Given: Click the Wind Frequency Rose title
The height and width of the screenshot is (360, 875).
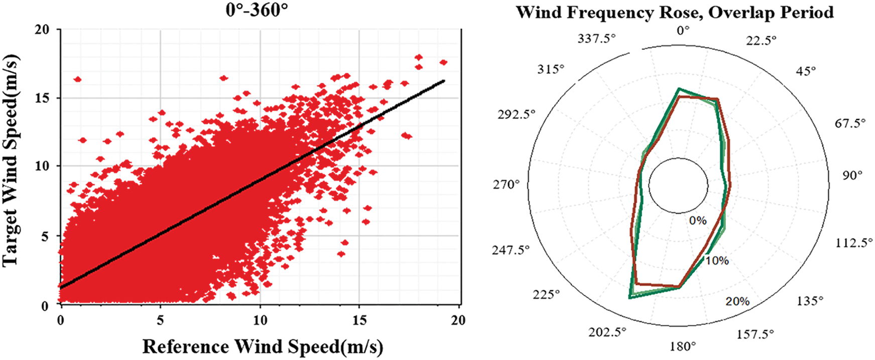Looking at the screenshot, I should point(675,12).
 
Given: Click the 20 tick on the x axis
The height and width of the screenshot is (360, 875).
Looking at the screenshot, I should point(457,320).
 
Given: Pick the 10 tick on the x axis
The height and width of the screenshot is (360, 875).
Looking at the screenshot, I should point(259,320).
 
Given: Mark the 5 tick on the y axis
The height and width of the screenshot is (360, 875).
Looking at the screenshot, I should point(46,236).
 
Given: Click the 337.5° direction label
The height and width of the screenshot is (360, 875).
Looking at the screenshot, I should point(596,39).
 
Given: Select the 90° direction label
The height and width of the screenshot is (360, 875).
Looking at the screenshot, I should point(852,175).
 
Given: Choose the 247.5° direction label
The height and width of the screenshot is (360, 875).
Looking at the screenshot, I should point(511,250).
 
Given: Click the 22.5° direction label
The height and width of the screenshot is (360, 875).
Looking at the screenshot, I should point(761,40).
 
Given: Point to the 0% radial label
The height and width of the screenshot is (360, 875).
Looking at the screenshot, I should point(698,220).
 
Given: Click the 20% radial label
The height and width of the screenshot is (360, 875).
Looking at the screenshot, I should point(737,301).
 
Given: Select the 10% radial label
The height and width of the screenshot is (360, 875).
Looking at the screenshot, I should point(716,261).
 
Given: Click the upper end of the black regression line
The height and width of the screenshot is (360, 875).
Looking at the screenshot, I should point(444,80).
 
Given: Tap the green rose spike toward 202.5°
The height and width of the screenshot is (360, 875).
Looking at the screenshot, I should point(630,298).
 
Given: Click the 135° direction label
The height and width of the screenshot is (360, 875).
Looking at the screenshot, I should point(810,301).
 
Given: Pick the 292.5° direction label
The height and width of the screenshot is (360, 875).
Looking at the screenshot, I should point(517,114).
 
